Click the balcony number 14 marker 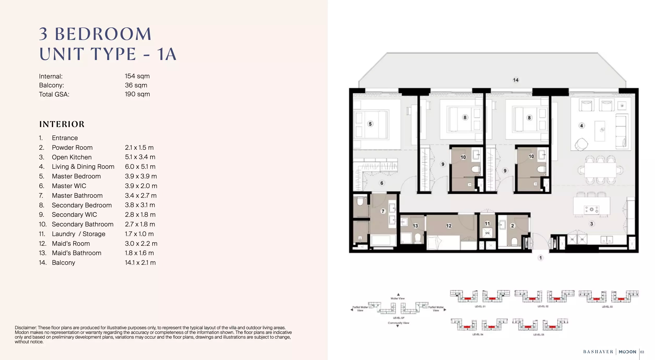pyautogui.click(x=515, y=80)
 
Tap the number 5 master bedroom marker pyautogui.click(x=370, y=124)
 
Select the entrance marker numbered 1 pyautogui.click(x=541, y=258)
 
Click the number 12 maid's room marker pyautogui.click(x=449, y=226)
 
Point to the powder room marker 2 pyautogui.click(x=512, y=226)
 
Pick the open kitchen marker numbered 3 pyautogui.click(x=591, y=224)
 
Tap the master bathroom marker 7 pyautogui.click(x=383, y=211)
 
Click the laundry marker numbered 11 pyautogui.click(x=487, y=224)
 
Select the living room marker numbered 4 pyautogui.click(x=581, y=126)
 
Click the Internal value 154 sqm pyautogui.click(x=137, y=76)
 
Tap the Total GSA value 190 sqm pyautogui.click(x=137, y=94)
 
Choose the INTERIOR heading pyautogui.click(x=62, y=124)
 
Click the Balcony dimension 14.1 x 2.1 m pyautogui.click(x=140, y=263)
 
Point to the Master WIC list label pyautogui.click(x=69, y=186)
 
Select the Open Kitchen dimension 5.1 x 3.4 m pyautogui.click(x=140, y=157)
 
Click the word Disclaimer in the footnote pyautogui.click(x=26, y=328)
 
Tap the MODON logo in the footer pyautogui.click(x=627, y=352)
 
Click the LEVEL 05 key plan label pyautogui.click(x=538, y=335)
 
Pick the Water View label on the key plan pyautogui.click(x=398, y=298)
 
